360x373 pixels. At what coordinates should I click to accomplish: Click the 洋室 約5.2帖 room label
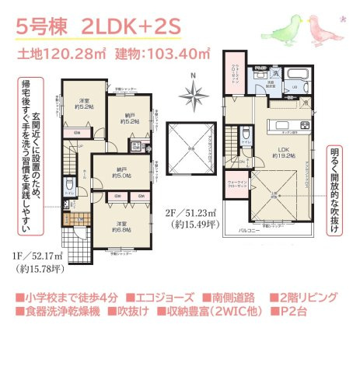pyautogui.click(x=86, y=103)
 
